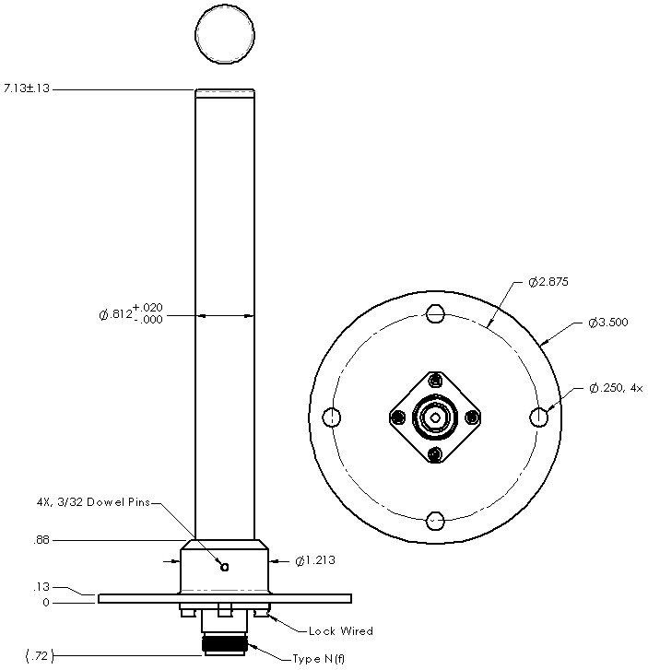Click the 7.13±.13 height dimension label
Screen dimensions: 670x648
pyautogui.click(x=27, y=88)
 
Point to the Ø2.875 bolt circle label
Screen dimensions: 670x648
pyautogui.click(x=549, y=282)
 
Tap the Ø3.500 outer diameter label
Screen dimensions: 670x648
pyautogui.click(x=608, y=323)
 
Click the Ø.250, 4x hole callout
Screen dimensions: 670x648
pyautogui.click(x=616, y=389)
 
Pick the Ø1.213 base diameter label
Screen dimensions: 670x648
pyautogui.click(x=315, y=560)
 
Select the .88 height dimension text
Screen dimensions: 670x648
pyautogui.click(x=41, y=541)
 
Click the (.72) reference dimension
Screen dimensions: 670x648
pyautogui.click(x=38, y=656)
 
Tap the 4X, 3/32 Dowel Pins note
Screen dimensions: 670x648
pyautogui.click(x=88, y=503)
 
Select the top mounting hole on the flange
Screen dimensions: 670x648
pyautogui.click(x=436, y=314)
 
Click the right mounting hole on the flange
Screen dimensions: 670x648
pyautogui.click(x=539, y=417)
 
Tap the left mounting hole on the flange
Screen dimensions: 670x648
pyautogui.click(x=334, y=417)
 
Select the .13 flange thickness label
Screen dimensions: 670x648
pyautogui.click(x=41, y=586)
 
